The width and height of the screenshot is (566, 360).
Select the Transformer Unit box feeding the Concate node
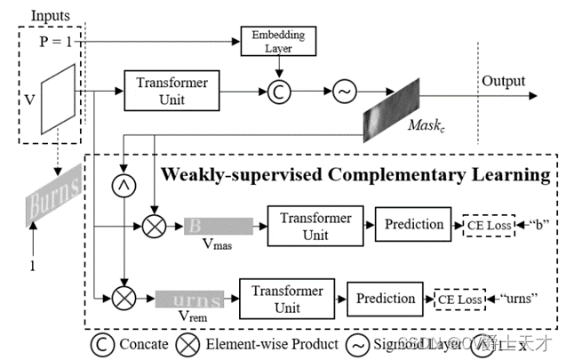pos(171,90)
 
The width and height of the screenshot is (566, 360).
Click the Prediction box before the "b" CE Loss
pos(413,225)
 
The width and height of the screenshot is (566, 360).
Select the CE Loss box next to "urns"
pos(459,300)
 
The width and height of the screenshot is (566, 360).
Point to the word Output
pos(505,81)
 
